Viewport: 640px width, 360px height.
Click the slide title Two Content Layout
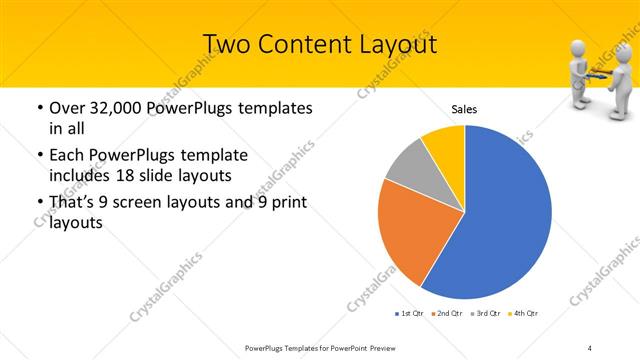tap(320, 44)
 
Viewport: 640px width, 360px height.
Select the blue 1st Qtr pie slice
tap(500, 215)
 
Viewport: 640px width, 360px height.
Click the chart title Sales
tap(464, 108)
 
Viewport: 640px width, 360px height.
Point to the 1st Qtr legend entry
tap(409, 313)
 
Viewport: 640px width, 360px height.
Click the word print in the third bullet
tap(286, 204)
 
